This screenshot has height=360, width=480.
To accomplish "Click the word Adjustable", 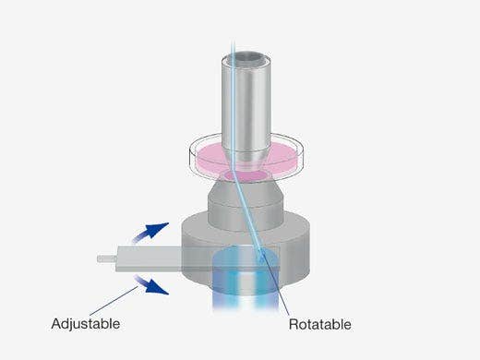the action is click(86, 324).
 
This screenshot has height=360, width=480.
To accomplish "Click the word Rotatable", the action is click(320, 325).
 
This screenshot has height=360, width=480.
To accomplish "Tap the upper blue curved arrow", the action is click(150, 233).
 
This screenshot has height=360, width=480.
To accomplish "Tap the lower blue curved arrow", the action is click(150, 284).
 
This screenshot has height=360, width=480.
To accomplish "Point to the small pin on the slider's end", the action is click(107, 258).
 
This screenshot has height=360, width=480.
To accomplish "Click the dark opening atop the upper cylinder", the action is click(246, 58).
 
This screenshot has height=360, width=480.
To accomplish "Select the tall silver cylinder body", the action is click(246, 103).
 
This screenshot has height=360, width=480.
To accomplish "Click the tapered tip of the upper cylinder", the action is click(246, 161).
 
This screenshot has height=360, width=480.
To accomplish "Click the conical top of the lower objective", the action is click(246, 192).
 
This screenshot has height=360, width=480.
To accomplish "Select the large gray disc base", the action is click(246, 246).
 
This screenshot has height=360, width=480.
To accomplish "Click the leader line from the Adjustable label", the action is click(114, 301).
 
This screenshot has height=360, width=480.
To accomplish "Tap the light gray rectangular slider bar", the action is click(149, 258).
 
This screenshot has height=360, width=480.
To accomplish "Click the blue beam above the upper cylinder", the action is click(233, 46).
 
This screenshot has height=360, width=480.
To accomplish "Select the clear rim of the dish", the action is click(246, 154).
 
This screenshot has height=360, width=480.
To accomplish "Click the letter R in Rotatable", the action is click(293, 325).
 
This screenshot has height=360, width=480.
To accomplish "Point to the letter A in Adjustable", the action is click(56, 324).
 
